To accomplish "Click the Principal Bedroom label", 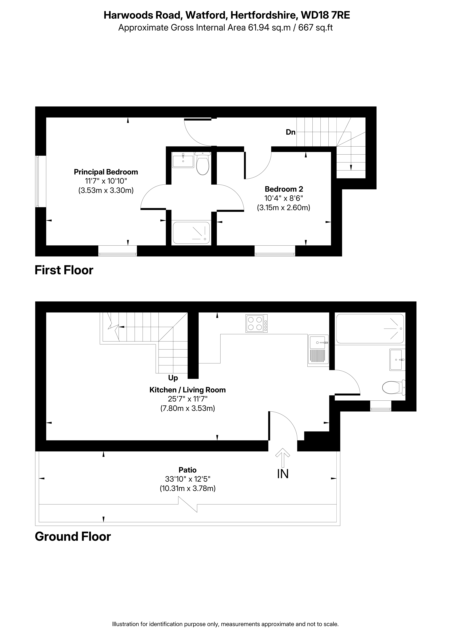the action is [106, 172].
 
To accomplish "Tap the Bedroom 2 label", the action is [284, 189].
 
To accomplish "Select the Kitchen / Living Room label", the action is [188, 390].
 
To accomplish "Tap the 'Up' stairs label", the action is [173, 378].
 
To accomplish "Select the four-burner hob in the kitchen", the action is [256, 323].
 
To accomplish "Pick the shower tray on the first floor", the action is [191, 233].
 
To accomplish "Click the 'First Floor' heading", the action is [64, 270].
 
